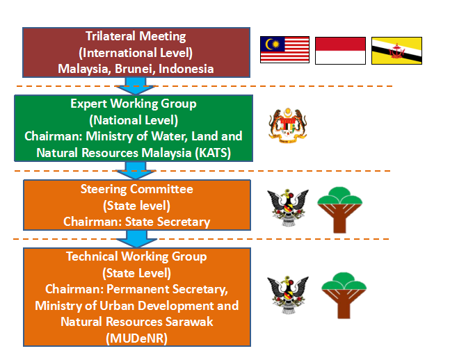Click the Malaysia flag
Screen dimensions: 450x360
pyautogui.click(x=284, y=49)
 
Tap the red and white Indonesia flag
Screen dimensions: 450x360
pyautogui.click(x=340, y=51)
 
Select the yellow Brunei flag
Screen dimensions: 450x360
pyautogui.click(x=396, y=51)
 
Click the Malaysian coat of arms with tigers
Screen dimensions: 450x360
pyautogui.click(x=288, y=125)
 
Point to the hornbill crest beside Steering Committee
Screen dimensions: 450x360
pyautogui.click(x=288, y=207)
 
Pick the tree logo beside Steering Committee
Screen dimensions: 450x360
pyautogui.click(x=340, y=210)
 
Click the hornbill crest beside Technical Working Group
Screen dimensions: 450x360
pyautogui.click(x=288, y=295)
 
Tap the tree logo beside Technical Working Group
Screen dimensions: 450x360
pyautogui.click(x=344, y=295)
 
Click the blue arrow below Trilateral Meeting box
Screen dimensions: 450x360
pyautogui.click(x=136, y=85)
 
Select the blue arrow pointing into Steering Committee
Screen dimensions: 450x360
pyautogui.click(x=136, y=171)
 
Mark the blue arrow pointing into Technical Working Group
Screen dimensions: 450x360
pyautogui.click(x=136, y=239)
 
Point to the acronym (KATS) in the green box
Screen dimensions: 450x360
pyautogui.click(x=213, y=153)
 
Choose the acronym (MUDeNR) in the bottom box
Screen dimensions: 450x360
pyautogui.click(x=136, y=338)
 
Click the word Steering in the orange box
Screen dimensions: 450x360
pyautogui.click(x=104, y=190)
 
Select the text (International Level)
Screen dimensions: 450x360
pyautogui.click(x=136, y=53)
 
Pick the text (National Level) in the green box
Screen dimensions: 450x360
pyautogui.click(x=134, y=120)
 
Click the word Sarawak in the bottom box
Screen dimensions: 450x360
pyautogui.click(x=189, y=322)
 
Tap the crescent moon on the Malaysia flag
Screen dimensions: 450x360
pyautogui.click(x=269, y=44)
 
